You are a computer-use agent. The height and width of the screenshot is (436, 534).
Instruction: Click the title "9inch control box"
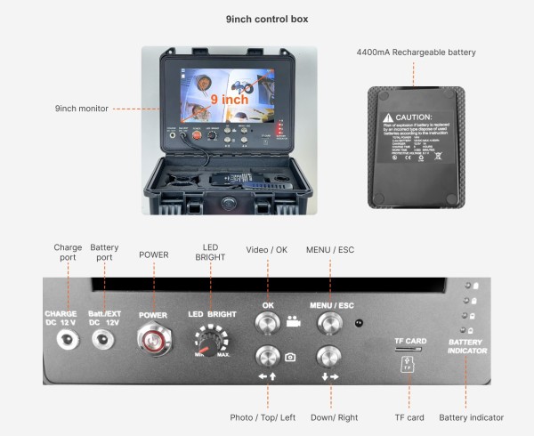[267, 19]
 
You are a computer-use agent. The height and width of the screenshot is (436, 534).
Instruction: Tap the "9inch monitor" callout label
[81, 109]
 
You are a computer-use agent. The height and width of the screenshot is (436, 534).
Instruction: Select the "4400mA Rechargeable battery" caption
[416, 52]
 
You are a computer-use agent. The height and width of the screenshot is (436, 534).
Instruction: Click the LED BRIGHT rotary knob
[211, 342]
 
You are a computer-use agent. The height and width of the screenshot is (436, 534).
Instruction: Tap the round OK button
[268, 322]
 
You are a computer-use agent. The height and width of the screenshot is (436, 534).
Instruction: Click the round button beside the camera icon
[268, 357]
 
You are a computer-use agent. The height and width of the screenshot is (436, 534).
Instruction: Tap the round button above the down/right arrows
[329, 357]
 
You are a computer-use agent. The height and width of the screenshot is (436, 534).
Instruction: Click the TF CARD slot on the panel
[409, 350]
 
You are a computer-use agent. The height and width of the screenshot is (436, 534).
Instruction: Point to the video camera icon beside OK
[294, 321]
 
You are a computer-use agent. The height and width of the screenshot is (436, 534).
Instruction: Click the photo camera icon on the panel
[291, 357]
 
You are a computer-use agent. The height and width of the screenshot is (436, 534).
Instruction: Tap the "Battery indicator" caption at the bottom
[471, 416]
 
